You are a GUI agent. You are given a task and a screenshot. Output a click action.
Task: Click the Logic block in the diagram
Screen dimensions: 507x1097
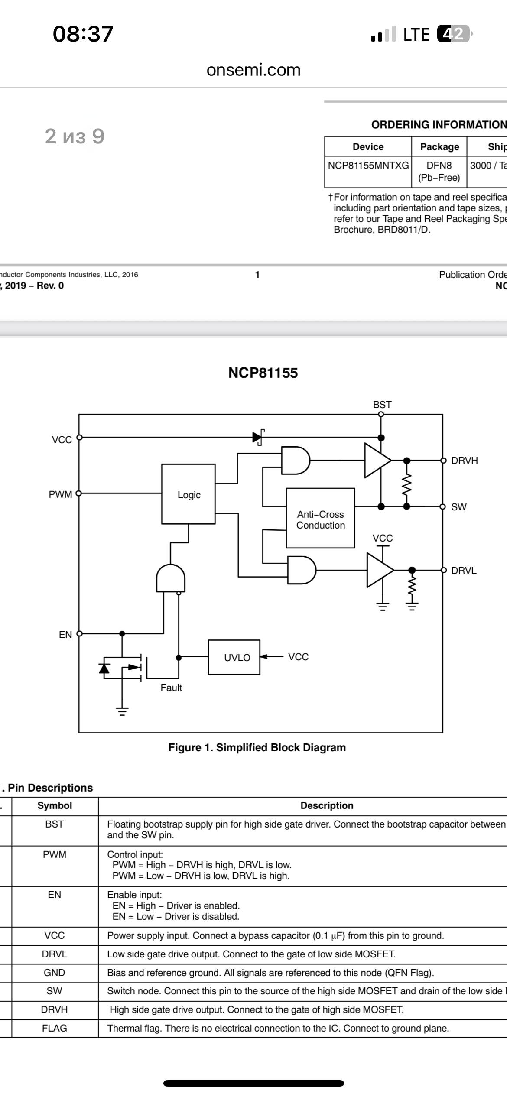click(x=188, y=494)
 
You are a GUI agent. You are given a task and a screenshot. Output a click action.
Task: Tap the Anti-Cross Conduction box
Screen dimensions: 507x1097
click(x=320, y=518)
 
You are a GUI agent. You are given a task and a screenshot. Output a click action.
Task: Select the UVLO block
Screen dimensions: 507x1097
click(x=234, y=657)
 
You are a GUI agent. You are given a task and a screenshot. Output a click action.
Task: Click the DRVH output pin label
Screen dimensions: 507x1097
click(x=465, y=461)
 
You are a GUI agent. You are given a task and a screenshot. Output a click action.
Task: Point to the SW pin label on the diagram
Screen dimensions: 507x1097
click(x=459, y=507)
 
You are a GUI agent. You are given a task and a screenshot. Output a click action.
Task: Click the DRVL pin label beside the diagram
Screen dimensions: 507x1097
click(x=464, y=571)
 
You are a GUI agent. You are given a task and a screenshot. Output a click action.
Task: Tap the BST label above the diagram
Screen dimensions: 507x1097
click(x=382, y=405)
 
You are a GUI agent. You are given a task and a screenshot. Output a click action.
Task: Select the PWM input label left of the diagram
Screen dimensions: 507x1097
click(x=60, y=494)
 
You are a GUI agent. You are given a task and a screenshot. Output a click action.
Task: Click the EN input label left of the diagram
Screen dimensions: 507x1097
click(x=65, y=635)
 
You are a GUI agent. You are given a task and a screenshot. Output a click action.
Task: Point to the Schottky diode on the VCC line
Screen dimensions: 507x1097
click(x=258, y=437)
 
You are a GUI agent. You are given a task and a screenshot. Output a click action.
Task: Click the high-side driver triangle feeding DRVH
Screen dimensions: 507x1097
click(x=378, y=460)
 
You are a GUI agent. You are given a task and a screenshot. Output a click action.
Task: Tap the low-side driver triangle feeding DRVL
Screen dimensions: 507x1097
click(x=380, y=570)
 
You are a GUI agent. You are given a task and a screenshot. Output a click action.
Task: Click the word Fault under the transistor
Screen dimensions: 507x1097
click(x=171, y=688)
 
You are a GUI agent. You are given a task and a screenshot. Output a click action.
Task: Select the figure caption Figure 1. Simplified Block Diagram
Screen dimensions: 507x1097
click(x=257, y=747)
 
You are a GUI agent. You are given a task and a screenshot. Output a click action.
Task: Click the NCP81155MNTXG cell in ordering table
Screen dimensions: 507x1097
click(x=368, y=166)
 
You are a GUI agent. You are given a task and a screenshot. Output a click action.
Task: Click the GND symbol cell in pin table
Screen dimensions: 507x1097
click(x=55, y=973)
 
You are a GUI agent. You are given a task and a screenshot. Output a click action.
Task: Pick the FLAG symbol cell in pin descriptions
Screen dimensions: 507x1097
click(x=55, y=1028)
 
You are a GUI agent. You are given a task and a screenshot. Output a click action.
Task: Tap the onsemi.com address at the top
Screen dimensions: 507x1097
click(x=253, y=70)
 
